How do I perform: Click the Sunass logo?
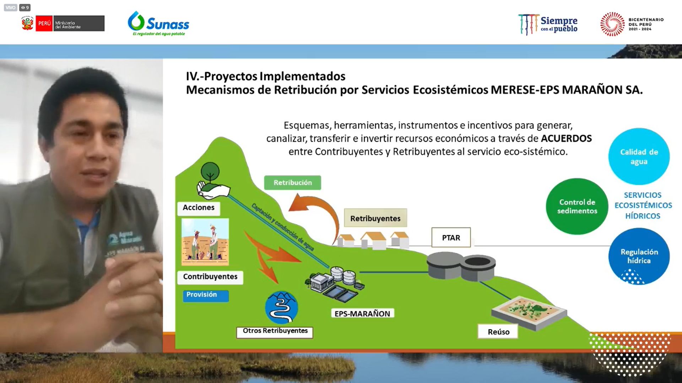pos(158,23)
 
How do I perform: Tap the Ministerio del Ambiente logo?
pos(63,23)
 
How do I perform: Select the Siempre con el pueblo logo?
pos(548,24)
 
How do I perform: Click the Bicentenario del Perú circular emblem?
pos(612,24)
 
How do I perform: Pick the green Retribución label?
pos(292,183)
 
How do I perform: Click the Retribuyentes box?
pos(375,218)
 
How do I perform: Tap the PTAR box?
pos(451,238)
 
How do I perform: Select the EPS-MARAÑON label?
pos(362,313)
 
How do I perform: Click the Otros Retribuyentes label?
pos(275,331)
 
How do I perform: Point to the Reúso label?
pos(498,332)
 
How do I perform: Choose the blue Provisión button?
pos(205,295)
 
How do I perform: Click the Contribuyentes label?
pos(210,277)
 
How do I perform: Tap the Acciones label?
pos(198,208)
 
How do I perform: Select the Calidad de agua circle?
pos(639,156)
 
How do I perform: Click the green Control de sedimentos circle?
pos(577,206)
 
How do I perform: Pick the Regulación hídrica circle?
pos(639,256)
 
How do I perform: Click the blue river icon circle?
pos(281,307)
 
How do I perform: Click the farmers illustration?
pos(205,242)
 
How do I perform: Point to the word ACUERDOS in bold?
pos(566,138)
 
